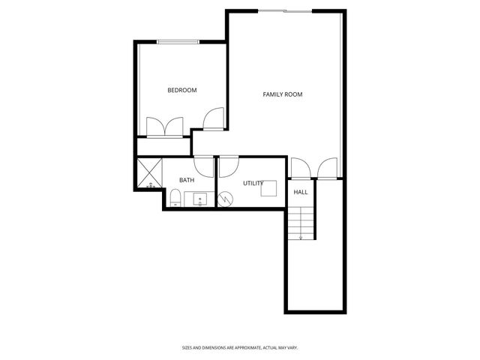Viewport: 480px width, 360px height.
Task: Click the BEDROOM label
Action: point(181,91)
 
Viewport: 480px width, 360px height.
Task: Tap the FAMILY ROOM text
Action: point(282,94)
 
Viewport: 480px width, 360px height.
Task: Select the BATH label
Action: point(187,180)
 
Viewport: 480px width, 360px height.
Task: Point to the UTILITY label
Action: point(253,183)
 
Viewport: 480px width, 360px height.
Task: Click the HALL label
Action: point(301,192)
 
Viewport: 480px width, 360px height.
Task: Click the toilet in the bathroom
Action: point(174,199)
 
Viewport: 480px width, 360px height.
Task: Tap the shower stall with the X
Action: point(150,174)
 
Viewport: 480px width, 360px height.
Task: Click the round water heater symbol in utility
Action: point(225,199)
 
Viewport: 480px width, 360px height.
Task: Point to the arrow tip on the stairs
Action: point(301,238)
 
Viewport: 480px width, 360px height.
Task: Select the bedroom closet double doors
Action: point(165,126)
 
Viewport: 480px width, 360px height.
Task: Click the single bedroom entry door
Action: point(214,118)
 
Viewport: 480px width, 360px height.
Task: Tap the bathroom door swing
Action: point(204,164)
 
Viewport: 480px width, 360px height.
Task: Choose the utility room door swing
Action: point(227,165)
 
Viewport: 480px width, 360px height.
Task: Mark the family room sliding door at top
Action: point(285,10)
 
